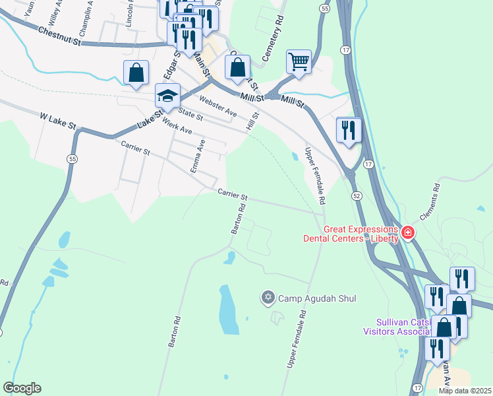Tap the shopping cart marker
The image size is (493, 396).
coord(299,61)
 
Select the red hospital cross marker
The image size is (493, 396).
coord(408,232)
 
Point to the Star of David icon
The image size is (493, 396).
coord(268,298)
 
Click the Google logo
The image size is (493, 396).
coord(22,388)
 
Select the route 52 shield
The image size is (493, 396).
coord(357,196)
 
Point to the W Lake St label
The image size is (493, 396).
coord(58,120)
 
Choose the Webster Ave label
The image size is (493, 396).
coord(218,108)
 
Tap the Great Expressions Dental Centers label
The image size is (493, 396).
coord(351,234)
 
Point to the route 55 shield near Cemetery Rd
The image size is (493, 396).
coord(324,8)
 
